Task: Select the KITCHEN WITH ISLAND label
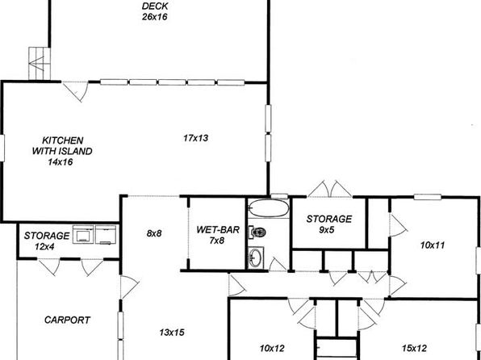click(62, 145)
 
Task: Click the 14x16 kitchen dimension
click(61, 161)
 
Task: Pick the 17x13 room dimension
click(195, 139)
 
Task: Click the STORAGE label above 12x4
click(47, 235)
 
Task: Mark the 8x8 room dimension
click(154, 233)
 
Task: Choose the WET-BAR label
click(216, 229)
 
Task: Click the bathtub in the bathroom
click(266, 209)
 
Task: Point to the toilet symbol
click(257, 232)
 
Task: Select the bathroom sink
click(257, 258)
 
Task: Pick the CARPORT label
click(67, 320)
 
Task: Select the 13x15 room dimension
click(173, 332)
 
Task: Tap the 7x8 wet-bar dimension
click(216, 241)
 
